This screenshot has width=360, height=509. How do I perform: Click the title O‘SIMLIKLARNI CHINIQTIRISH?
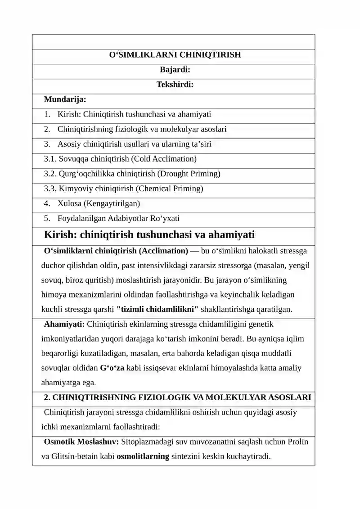(175, 55)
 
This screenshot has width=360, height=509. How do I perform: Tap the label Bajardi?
(175, 70)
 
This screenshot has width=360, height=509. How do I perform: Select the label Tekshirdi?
(175, 85)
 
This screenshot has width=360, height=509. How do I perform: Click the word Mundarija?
(65, 99)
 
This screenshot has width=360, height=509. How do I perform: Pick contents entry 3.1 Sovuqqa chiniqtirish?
(120, 159)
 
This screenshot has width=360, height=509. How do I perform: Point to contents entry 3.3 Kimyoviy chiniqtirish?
(123, 189)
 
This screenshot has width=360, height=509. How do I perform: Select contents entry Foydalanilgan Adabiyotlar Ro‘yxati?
(118, 218)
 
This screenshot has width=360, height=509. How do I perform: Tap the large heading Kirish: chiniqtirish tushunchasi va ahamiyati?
(149, 234)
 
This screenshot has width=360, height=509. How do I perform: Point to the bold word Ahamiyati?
(64, 324)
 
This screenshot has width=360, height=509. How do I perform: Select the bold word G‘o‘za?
(112, 368)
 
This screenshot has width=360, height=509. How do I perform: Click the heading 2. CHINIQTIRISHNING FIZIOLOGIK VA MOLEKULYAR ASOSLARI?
(177, 397)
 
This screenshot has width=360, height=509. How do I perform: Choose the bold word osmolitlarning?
(143, 456)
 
